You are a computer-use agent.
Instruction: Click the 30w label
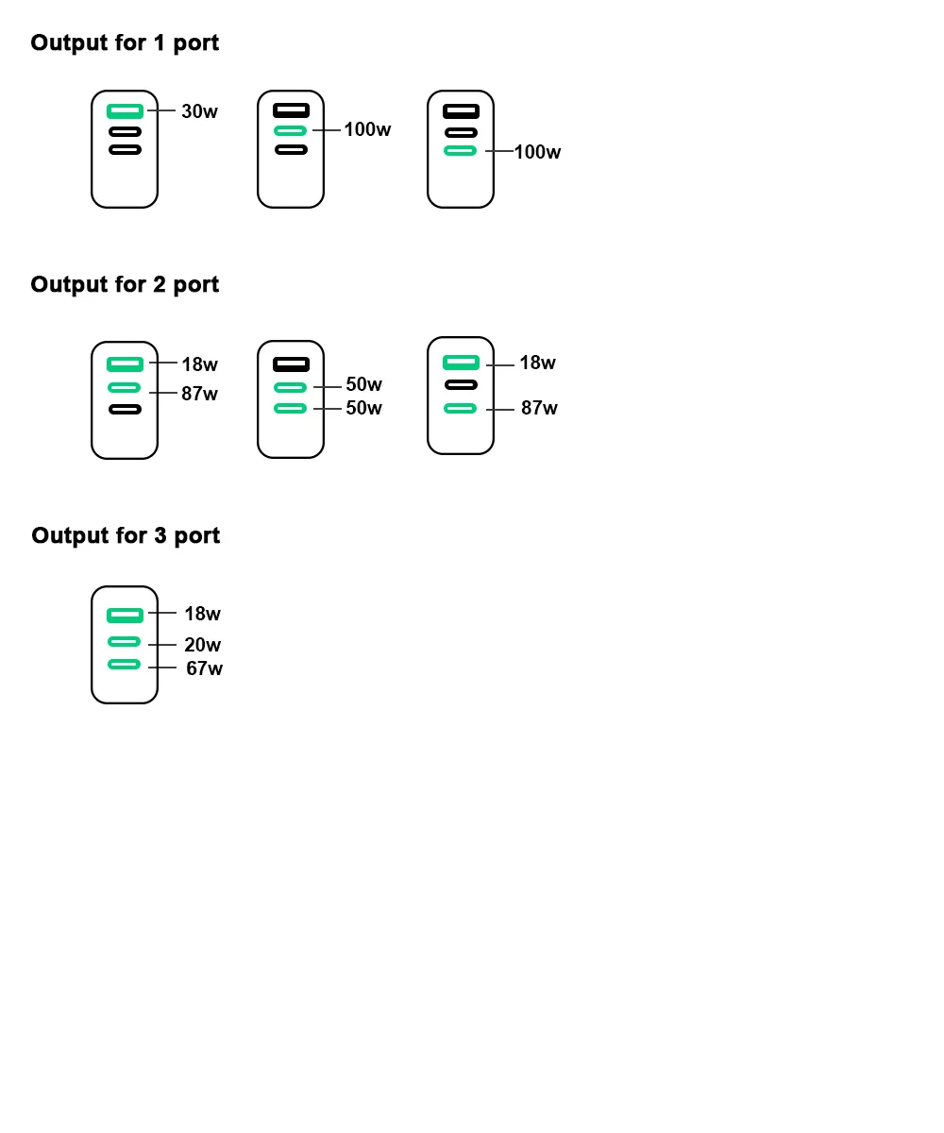tap(199, 111)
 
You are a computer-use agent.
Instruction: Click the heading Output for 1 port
tap(125, 42)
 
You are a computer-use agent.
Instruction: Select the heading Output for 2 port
tap(125, 284)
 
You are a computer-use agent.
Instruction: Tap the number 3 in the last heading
tap(160, 535)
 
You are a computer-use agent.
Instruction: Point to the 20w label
tap(202, 645)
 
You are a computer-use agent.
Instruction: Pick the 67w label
tap(204, 668)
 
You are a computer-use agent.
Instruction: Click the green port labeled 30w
tap(125, 111)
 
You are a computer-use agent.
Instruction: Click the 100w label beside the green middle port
tap(367, 129)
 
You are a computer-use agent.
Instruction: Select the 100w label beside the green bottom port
tap(537, 152)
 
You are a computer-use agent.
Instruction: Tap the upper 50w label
tap(363, 384)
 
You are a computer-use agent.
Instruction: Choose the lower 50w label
tap(363, 408)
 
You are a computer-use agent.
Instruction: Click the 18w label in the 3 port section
tap(202, 614)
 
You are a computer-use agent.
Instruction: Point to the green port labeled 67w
tap(125, 665)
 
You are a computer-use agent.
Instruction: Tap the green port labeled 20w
tap(125, 642)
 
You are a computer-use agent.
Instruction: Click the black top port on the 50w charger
tap(291, 364)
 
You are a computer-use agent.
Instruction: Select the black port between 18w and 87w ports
tap(461, 384)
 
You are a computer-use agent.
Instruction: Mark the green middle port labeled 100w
tap(291, 130)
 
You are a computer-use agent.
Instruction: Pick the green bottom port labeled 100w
tap(461, 150)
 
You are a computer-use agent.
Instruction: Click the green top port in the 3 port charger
tap(125, 616)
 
